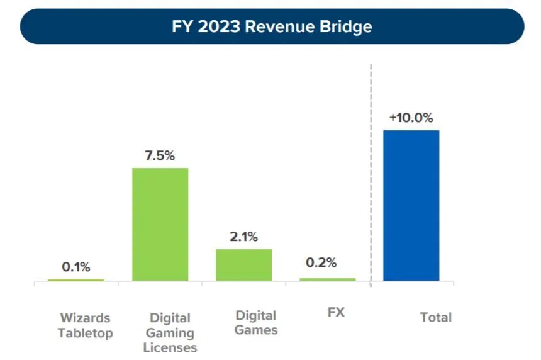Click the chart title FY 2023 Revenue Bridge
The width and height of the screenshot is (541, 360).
click(x=272, y=27)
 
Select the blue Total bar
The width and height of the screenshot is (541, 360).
click(x=411, y=205)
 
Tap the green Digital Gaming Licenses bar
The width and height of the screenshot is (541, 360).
click(x=160, y=224)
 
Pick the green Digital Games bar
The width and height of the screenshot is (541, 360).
click(x=244, y=264)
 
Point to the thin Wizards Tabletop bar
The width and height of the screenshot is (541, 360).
click(x=76, y=279)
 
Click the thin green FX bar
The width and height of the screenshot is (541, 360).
click(x=327, y=279)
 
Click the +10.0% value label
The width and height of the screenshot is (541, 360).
click(x=411, y=118)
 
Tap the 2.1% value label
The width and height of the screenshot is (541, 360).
click(x=244, y=237)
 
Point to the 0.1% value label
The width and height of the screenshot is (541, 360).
click(x=76, y=267)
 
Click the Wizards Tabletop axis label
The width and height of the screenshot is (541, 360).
click(x=85, y=325)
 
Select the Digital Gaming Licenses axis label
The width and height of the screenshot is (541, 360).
click(x=170, y=332)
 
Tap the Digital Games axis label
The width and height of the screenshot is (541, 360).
click(x=256, y=322)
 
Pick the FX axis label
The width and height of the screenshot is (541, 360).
click(x=336, y=312)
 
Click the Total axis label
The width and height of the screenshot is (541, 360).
click(x=436, y=318)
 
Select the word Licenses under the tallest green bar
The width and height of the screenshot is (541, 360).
click(x=170, y=347)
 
